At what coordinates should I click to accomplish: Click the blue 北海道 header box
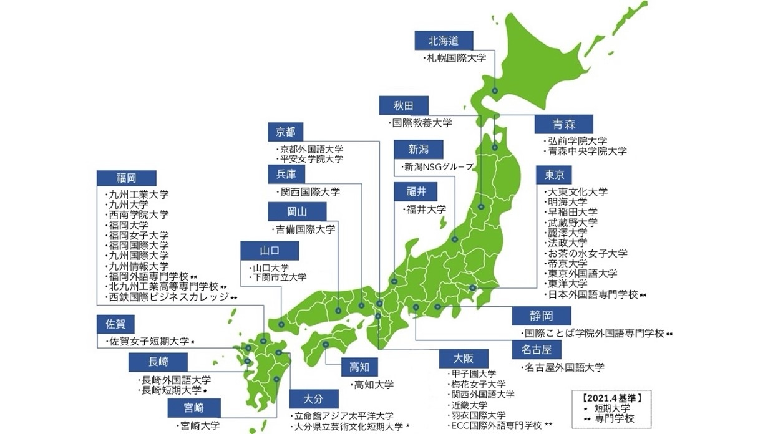coord(444,41)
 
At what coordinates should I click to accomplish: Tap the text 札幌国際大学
coord(455,58)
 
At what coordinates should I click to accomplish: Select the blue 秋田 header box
coord(403,105)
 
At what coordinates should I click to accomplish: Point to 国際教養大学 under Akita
coord(422,123)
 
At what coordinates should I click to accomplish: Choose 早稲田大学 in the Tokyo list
coord(572,212)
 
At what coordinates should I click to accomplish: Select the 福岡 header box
coord(126,178)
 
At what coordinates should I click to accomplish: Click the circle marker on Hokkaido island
coord(495,91)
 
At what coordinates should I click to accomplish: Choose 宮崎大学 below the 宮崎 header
coord(198,427)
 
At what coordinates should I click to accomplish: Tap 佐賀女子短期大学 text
coord(149,341)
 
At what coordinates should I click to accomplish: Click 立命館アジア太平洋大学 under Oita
coord(345,416)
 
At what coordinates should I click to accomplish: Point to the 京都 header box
coord(285,132)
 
